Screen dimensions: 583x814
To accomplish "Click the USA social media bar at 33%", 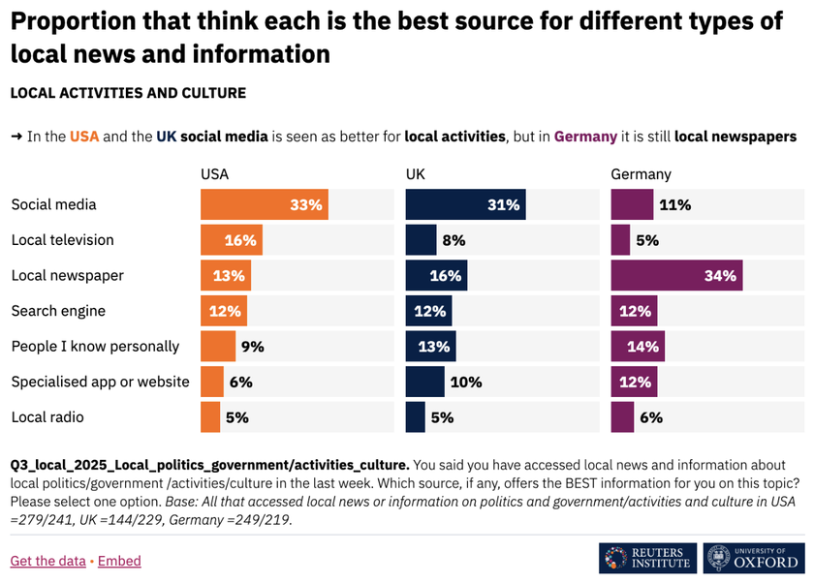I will (x=265, y=205).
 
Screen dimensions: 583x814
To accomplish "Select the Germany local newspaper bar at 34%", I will (x=676, y=276).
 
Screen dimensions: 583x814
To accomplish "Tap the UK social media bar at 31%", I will (x=465, y=205).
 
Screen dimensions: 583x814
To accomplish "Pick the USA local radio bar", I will (x=210, y=417).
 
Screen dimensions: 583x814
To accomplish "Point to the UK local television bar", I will (x=421, y=240).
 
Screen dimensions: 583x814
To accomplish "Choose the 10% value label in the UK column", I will (x=466, y=383).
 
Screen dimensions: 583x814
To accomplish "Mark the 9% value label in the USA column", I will (x=252, y=347).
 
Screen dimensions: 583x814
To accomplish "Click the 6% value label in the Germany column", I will (x=651, y=417).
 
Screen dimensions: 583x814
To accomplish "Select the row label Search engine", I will (x=58, y=311).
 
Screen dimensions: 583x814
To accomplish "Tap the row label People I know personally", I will (x=95, y=347).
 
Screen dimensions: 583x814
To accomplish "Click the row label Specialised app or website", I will (x=100, y=382).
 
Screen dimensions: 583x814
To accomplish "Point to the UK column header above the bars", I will (x=416, y=175).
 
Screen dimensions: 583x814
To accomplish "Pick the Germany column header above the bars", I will (x=641, y=175).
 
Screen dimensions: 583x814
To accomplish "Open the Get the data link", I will (x=47, y=561).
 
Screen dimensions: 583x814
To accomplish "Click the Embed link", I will (x=119, y=561).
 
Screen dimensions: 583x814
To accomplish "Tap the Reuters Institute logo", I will (x=647, y=558).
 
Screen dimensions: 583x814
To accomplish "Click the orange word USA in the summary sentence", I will (x=84, y=137).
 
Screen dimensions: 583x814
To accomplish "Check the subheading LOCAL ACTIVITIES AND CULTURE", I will (x=128, y=94).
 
